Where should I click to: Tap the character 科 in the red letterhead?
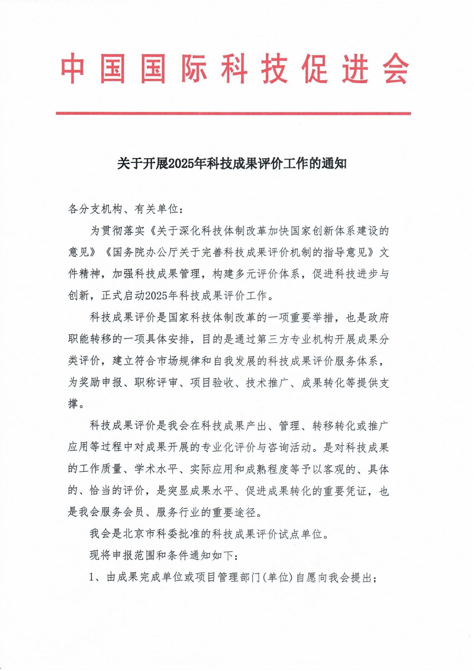[234, 69]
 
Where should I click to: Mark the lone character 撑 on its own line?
[73, 404]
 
